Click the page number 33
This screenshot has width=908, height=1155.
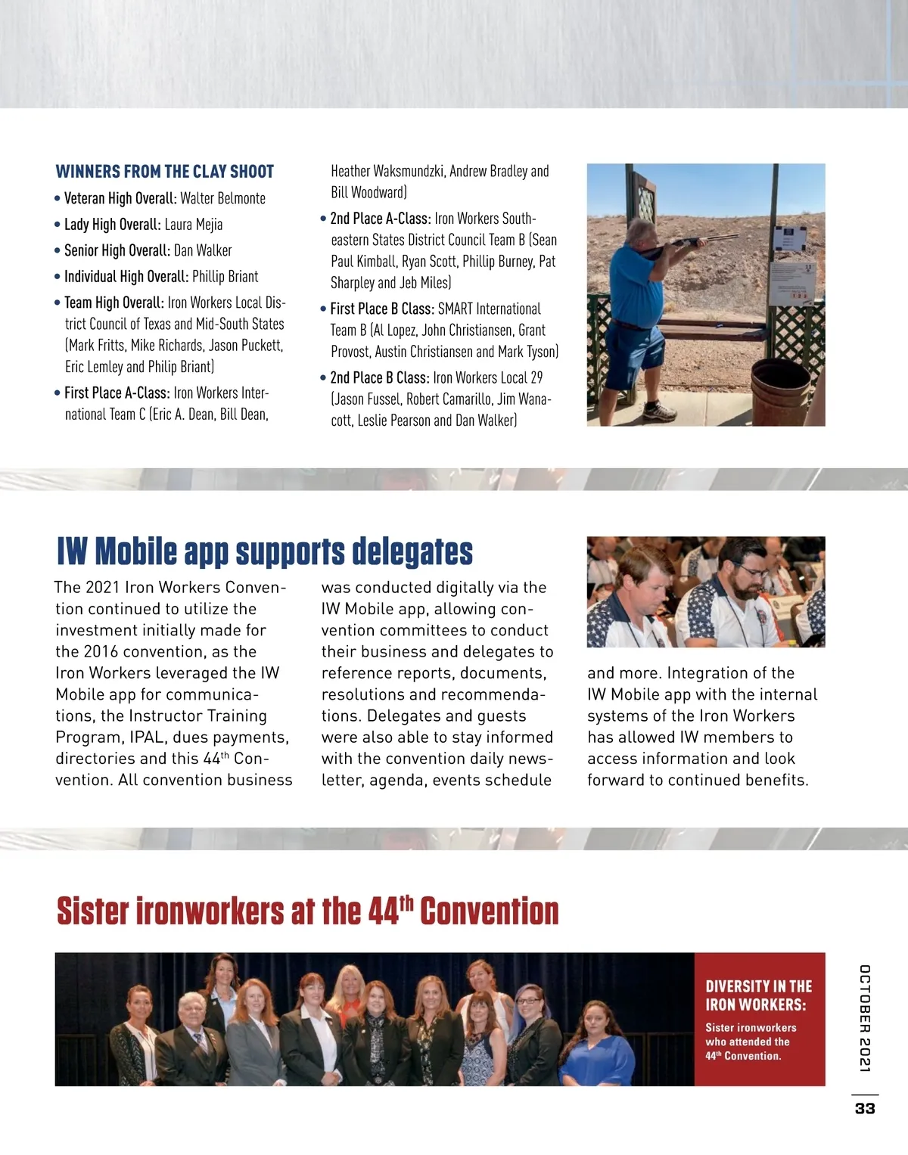click(865, 1108)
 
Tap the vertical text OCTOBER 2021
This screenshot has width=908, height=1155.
click(865, 1017)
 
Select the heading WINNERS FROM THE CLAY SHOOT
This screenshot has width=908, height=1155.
click(165, 172)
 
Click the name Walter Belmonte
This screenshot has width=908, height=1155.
click(223, 199)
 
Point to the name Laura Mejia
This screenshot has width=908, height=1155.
click(194, 225)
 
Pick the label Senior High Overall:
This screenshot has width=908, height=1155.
click(117, 250)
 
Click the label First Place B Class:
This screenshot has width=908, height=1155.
click(382, 309)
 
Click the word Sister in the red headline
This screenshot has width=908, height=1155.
click(93, 911)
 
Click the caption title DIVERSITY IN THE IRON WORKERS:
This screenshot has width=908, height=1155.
click(758, 995)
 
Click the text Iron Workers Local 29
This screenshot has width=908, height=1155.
click(488, 378)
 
